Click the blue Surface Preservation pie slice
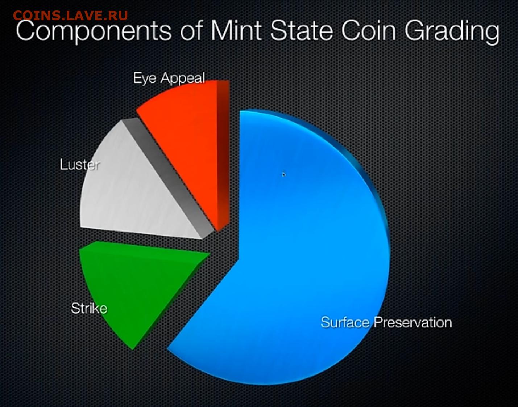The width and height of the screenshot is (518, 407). click(x=301, y=252)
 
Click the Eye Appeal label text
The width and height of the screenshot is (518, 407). click(x=169, y=78)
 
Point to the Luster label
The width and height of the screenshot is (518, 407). click(x=80, y=165)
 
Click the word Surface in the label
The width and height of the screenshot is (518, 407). click(x=345, y=322)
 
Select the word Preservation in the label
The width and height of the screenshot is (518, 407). click(x=413, y=322)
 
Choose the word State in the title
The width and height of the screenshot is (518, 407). click(x=302, y=30)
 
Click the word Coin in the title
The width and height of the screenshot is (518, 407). click(x=369, y=30)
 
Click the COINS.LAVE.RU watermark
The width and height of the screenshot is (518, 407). click(x=70, y=16)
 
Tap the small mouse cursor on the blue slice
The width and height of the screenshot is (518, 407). click(x=284, y=174)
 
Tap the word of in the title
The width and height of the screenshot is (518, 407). click(x=191, y=30)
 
